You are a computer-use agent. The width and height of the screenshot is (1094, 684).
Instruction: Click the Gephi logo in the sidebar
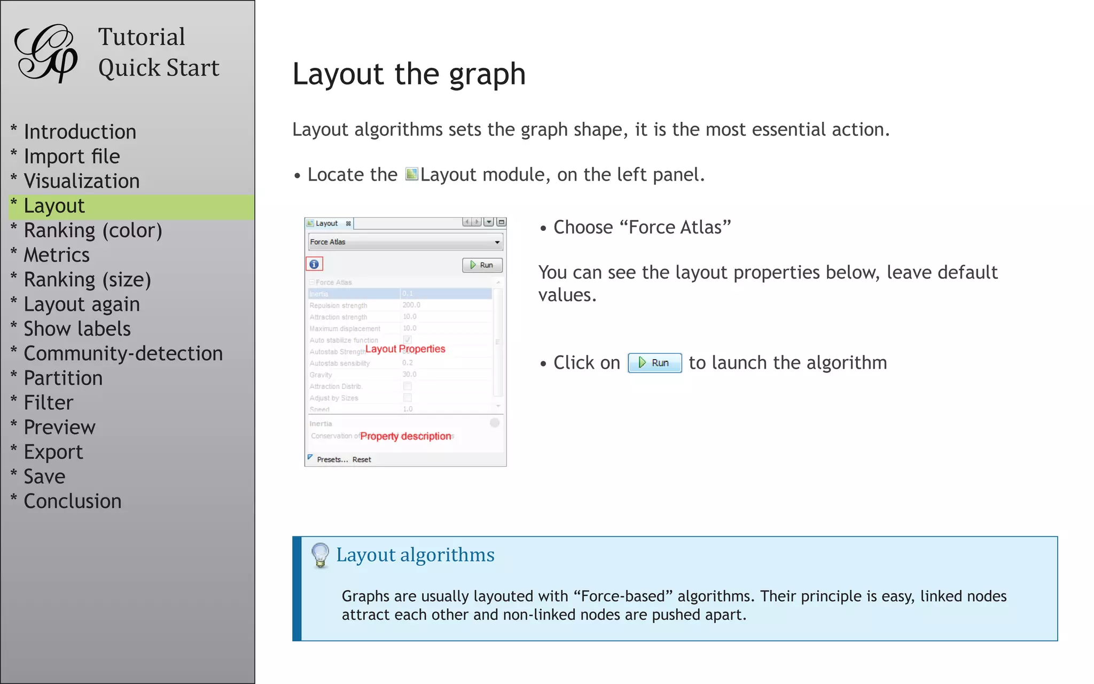pyautogui.click(x=46, y=53)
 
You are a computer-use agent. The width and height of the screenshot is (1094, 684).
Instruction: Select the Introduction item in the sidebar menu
pyautogui.click(x=80, y=131)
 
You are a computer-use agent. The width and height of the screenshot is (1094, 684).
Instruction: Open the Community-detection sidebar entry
pyautogui.click(x=123, y=353)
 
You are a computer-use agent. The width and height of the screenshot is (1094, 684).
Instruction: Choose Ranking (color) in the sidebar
pyautogui.click(x=92, y=230)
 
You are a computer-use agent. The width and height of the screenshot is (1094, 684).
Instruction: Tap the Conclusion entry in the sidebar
pyautogui.click(x=72, y=501)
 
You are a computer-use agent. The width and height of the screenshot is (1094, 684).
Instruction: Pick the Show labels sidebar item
pyautogui.click(x=77, y=329)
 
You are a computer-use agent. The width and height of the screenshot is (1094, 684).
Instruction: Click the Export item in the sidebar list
pyautogui.click(x=53, y=452)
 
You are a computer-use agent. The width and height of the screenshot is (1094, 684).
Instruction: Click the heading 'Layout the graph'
pyautogui.click(x=409, y=74)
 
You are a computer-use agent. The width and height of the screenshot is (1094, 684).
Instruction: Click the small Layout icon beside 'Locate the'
pyautogui.click(x=411, y=174)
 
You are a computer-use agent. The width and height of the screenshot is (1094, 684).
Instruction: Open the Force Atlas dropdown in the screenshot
pyautogui.click(x=405, y=242)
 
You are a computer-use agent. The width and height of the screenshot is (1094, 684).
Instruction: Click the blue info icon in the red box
pyautogui.click(x=314, y=264)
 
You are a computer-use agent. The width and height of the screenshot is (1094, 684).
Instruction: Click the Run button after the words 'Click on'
pyautogui.click(x=654, y=363)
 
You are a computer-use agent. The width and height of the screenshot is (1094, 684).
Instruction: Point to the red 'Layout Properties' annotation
pyautogui.click(x=405, y=349)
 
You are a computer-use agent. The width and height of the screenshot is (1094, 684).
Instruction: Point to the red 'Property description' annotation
pyautogui.click(x=405, y=436)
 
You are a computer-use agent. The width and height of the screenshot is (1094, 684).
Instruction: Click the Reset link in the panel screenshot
pyautogui.click(x=362, y=460)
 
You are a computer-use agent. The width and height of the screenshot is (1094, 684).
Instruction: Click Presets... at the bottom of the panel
pyautogui.click(x=332, y=460)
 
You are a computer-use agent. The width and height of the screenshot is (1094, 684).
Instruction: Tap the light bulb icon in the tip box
pyautogui.click(x=320, y=555)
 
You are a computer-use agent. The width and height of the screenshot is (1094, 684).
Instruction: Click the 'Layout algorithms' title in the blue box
pyautogui.click(x=415, y=555)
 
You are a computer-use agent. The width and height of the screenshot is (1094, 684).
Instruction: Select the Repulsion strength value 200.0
pyautogui.click(x=411, y=305)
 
